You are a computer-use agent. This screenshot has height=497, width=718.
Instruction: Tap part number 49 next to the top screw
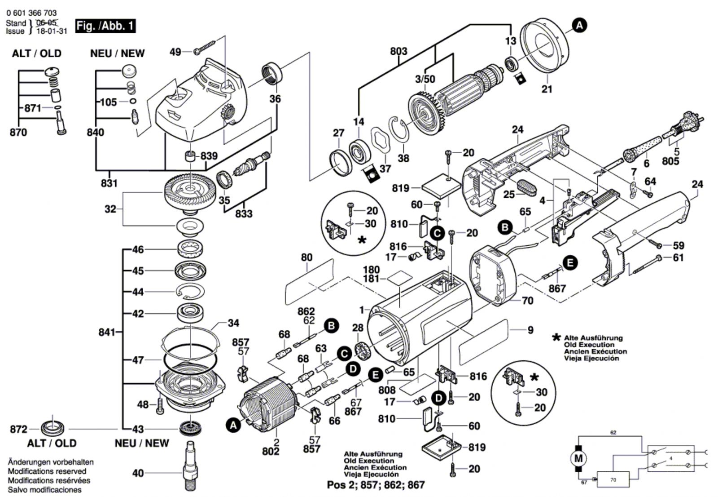pyautogui.click(x=175, y=52)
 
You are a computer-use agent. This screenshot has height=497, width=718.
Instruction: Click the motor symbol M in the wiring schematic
pyautogui.click(x=578, y=458)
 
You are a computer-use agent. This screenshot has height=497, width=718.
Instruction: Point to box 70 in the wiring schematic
pyautogui.click(x=613, y=479)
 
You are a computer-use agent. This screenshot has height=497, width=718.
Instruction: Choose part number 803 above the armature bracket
pyautogui.click(x=398, y=51)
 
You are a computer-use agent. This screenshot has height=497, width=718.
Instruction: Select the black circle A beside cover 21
pyautogui.click(x=579, y=26)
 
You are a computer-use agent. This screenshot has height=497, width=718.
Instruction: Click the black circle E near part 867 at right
pyautogui.click(x=570, y=263)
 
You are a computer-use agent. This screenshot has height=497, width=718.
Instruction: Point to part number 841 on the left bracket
pyautogui.click(x=107, y=333)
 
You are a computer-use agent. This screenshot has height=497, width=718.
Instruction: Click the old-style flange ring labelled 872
pyautogui.click(x=52, y=427)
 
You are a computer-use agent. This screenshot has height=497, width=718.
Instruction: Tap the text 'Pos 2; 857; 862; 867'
pyautogui.click(x=376, y=485)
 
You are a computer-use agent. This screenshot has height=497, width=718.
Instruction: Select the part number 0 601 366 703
pyautogui.click(x=31, y=13)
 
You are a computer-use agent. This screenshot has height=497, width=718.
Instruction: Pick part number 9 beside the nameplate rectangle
pyautogui.click(x=530, y=330)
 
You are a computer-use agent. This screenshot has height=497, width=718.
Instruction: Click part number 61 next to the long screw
pyautogui.click(x=678, y=258)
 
